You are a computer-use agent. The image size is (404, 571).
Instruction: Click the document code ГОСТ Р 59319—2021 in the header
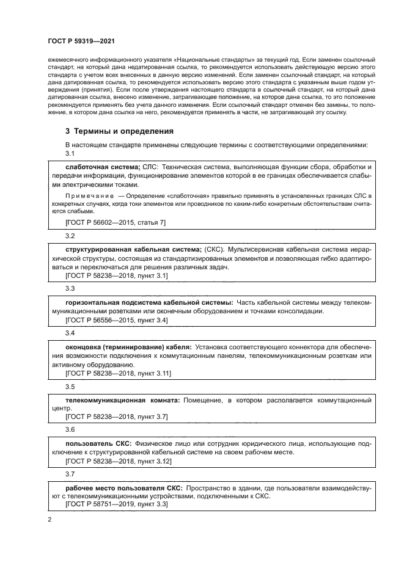point(82,41)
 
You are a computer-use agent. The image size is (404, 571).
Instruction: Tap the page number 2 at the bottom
point(50,520)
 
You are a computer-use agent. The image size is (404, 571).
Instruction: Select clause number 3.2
point(70,235)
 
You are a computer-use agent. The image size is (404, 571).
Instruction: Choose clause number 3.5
point(70,386)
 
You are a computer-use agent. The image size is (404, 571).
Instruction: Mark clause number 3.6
point(70,430)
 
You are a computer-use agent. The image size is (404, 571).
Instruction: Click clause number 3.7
point(70,473)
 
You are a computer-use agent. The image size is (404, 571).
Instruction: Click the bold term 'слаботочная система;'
point(103,167)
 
